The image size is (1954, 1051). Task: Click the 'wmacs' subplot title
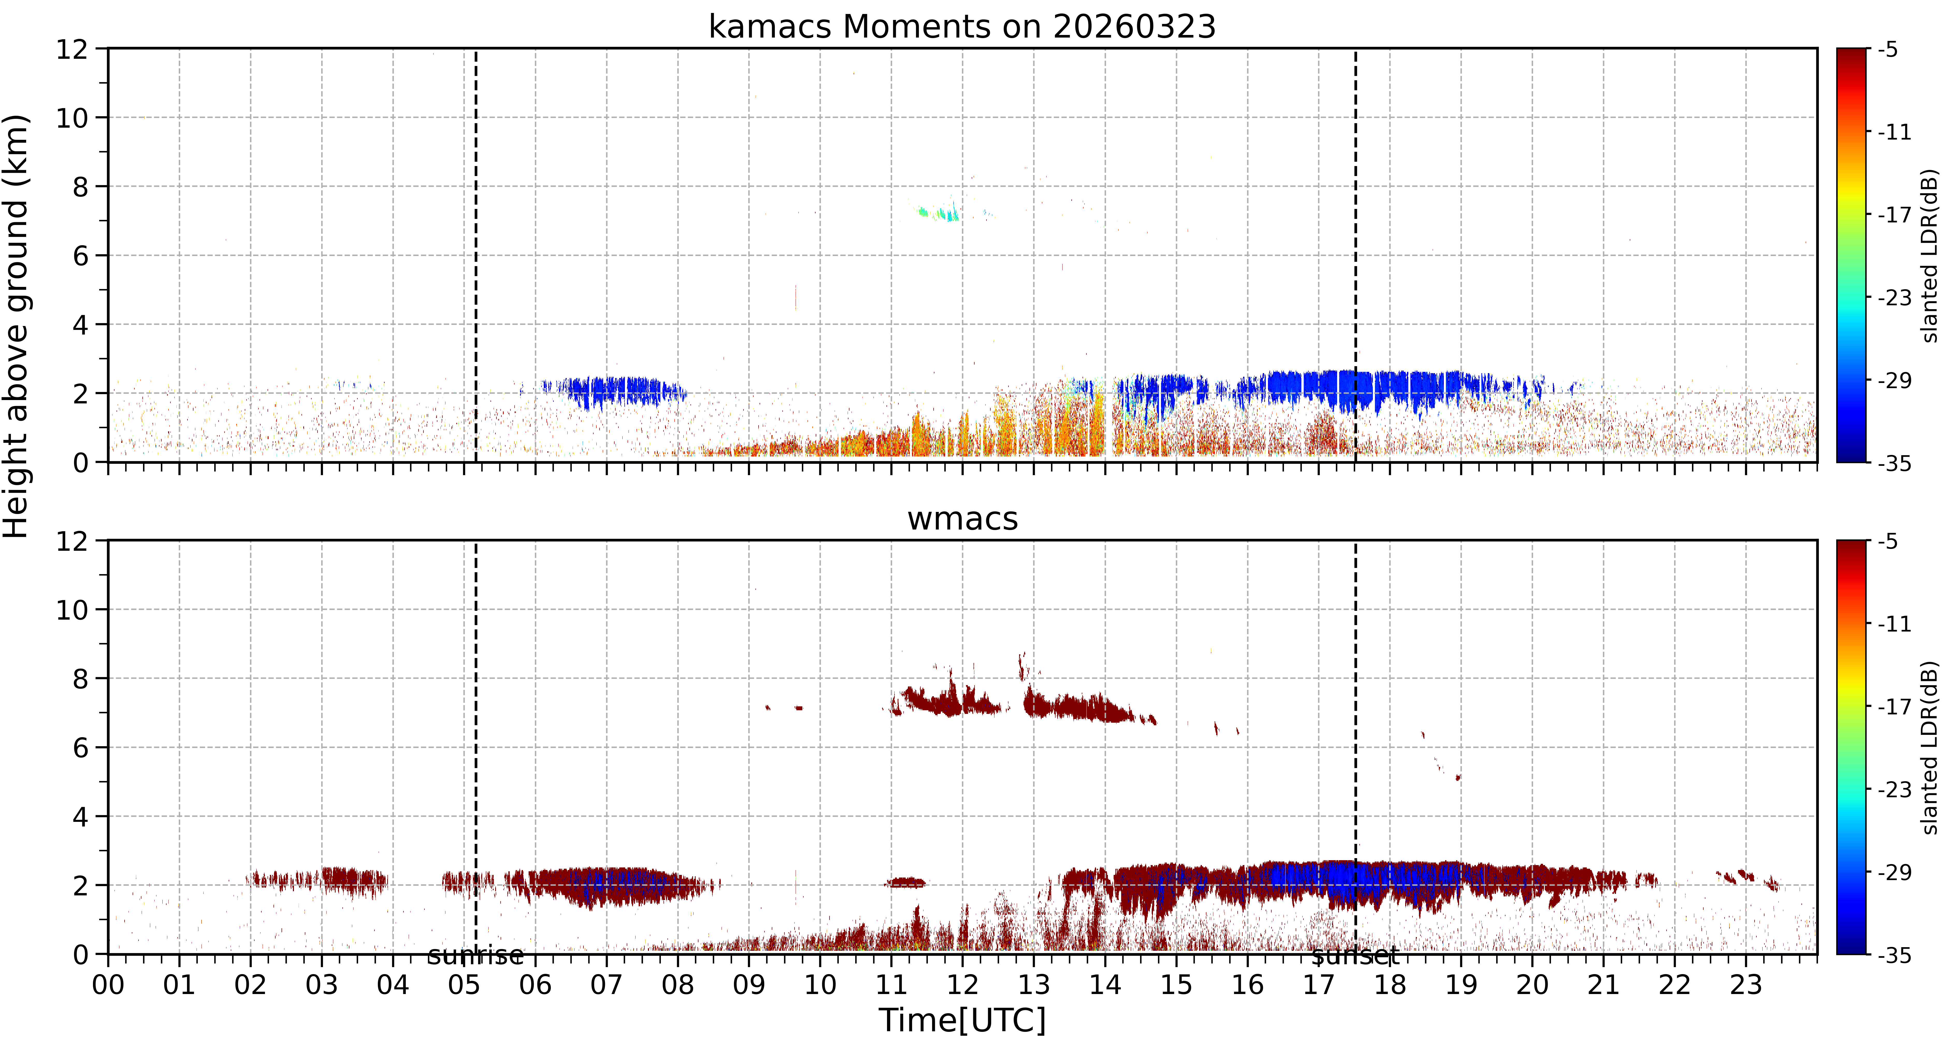pos(962,519)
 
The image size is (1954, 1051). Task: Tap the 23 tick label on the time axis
pos(1746,985)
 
